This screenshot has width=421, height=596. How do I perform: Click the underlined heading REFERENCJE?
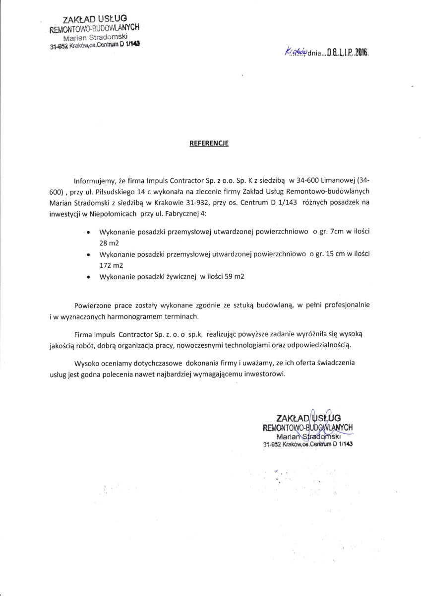pyautogui.click(x=209, y=143)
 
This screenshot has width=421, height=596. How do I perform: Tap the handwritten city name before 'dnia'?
pyautogui.click(x=297, y=52)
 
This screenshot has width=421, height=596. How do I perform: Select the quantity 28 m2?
pyautogui.click(x=109, y=243)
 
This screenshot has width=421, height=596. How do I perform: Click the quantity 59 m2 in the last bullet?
pyautogui.click(x=235, y=277)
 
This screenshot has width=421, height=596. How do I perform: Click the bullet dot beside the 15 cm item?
pyautogui.click(x=88, y=255)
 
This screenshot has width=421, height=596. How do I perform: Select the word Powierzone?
pyautogui.click(x=94, y=304)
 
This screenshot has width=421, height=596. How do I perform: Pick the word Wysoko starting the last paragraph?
pyautogui.click(x=87, y=363)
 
